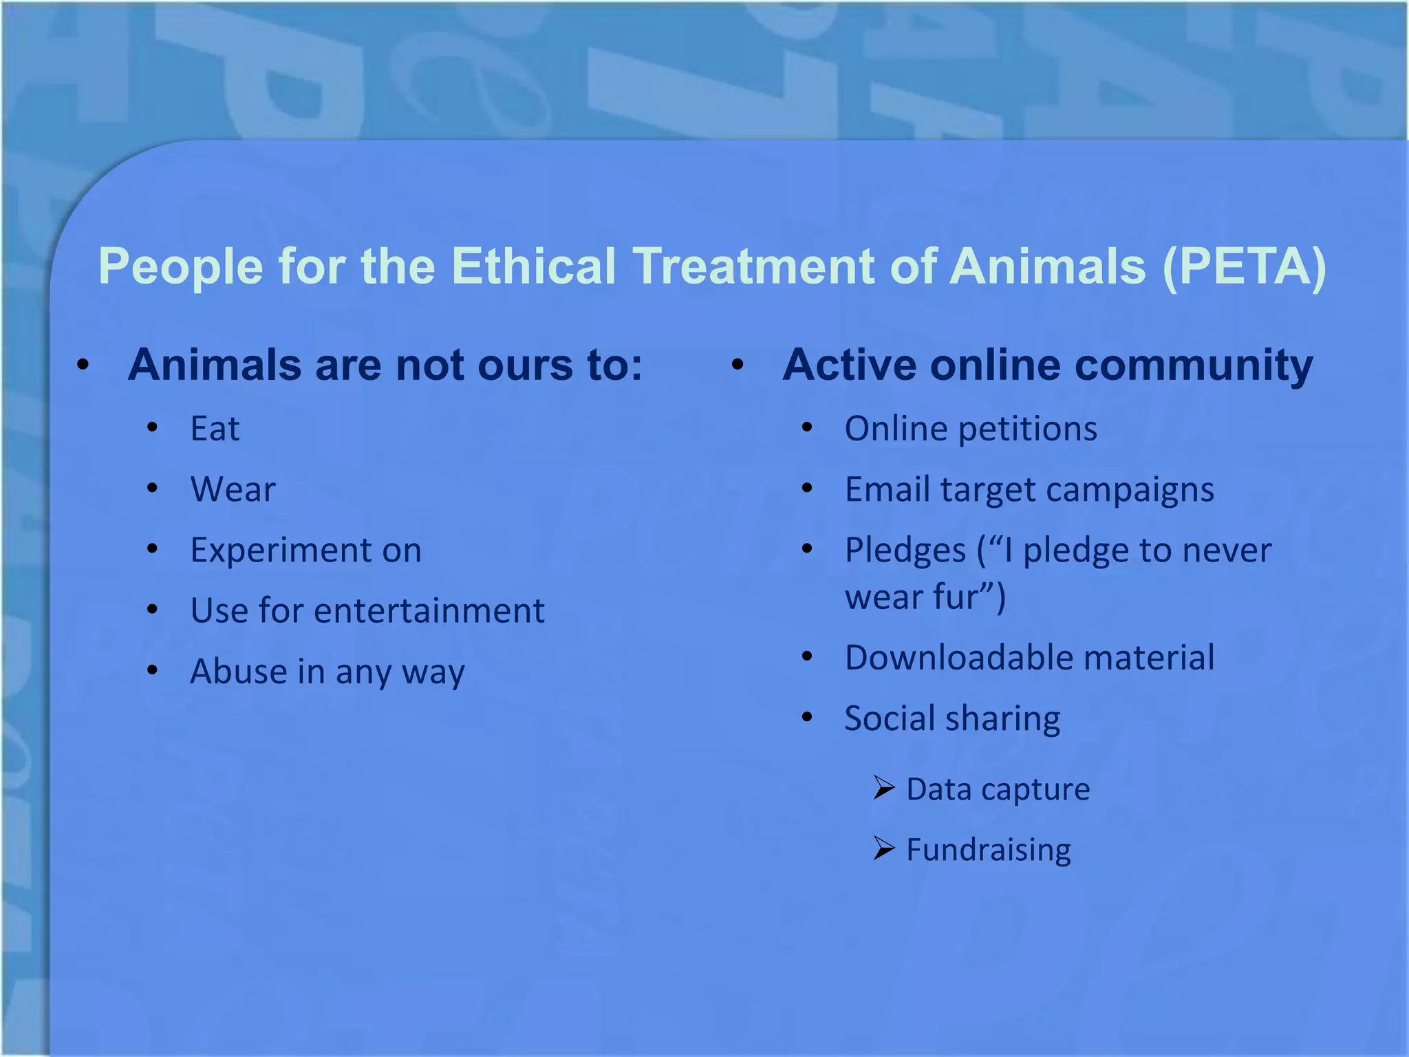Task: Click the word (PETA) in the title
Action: (1244, 267)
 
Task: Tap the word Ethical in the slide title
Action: (533, 267)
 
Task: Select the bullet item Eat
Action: (215, 429)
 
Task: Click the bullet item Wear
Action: (233, 490)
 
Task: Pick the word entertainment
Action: (429, 611)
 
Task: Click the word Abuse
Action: (237, 672)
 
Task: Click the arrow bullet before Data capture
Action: (883, 787)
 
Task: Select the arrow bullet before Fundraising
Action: (883, 848)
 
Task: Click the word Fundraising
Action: (988, 851)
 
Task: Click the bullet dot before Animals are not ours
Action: (83, 365)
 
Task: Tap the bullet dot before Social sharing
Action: (807, 717)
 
